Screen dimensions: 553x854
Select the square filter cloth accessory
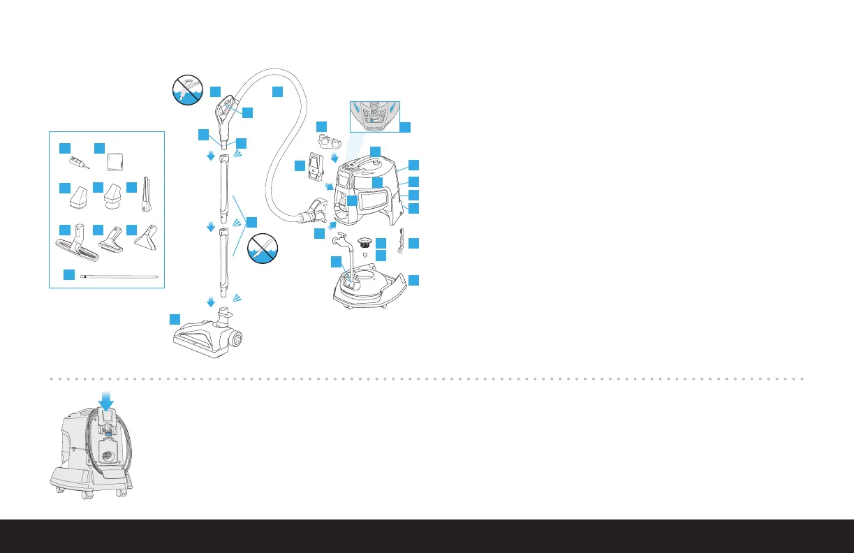tap(116, 163)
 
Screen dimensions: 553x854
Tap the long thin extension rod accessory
tap(119, 277)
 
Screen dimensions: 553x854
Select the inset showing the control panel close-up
tap(374, 115)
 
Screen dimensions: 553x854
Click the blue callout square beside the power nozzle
tap(175, 319)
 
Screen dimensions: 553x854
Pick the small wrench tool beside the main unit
tap(400, 241)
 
